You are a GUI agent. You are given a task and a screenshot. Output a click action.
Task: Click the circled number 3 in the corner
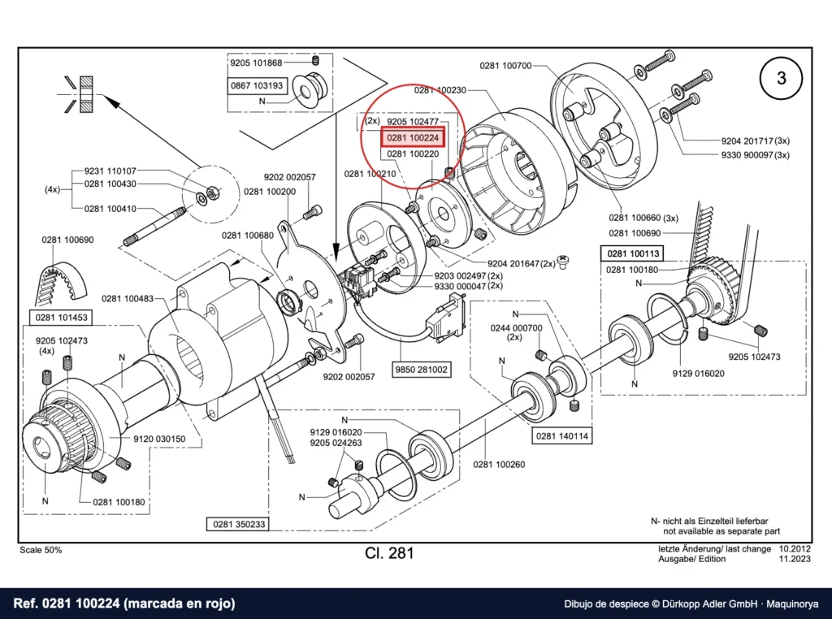[781, 79]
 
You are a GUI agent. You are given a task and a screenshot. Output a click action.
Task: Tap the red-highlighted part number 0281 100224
[413, 138]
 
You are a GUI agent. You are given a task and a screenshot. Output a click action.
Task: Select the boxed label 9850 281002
[422, 369]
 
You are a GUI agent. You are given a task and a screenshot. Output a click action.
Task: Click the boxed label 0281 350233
[239, 524]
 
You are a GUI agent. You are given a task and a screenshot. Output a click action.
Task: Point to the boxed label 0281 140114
[562, 436]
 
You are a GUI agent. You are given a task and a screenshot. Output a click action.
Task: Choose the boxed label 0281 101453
[61, 318]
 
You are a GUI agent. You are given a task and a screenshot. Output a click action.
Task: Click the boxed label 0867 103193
[258, 85]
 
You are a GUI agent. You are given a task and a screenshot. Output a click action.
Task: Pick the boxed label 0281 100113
[632, 253]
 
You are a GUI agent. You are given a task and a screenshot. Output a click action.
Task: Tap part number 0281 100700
[505, 66]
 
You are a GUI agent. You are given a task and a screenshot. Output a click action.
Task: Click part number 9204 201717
[747, 141]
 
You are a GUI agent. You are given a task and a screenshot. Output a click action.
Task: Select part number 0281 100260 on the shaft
[499, 464]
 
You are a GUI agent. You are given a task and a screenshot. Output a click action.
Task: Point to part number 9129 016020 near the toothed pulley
[698, 373]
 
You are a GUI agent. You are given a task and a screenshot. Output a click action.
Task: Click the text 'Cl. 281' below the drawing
[389, 552]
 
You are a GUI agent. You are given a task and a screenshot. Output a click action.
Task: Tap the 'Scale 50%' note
[41, 550]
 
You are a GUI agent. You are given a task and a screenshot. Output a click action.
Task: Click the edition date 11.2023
[795, 559]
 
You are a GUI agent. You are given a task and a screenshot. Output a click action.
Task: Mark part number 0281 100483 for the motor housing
[128, 299]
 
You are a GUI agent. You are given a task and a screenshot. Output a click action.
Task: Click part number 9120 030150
[159, 439]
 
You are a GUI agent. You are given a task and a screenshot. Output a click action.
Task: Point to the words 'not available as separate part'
[721, 531]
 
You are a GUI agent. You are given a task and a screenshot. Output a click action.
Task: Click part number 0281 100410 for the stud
[110, 209]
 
